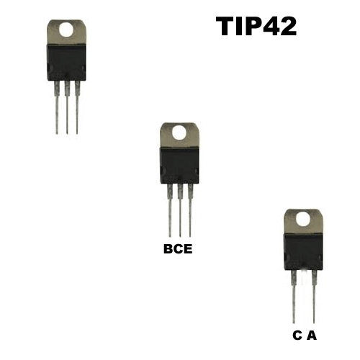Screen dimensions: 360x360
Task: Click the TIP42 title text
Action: tap(256, 27)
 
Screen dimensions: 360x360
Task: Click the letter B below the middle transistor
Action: tap(168, 249)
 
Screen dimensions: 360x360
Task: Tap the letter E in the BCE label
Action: tap(188, 249)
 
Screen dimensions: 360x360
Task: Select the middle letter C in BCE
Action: tap(179, 249)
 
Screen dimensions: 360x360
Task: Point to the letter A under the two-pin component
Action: tap(312, 336)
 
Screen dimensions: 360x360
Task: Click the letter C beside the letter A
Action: tap(297, 336)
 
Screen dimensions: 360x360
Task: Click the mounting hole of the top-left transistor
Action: tap(66, 30)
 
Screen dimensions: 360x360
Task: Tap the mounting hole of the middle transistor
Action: tap(179, 132)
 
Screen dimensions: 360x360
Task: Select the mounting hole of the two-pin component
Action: tap(303, 219)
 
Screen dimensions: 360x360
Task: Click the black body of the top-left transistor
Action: tap(66, 63)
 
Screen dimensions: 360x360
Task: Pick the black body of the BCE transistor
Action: tap(179, 166)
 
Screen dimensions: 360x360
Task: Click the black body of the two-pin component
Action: tap(303, 252)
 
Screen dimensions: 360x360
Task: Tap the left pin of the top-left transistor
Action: tap(57, 107)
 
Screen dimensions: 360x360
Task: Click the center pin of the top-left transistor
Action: tap(67, 107)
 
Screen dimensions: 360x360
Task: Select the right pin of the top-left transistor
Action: tap(77, 107)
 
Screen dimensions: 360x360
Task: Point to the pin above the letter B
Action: tap(170, 210)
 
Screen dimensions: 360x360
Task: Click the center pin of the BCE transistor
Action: tap(180, 210)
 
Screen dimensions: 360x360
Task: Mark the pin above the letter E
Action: tap(190, 210)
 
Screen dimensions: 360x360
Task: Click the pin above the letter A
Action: tap(314, 297)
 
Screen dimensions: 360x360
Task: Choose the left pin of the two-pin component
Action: tap(294, 297)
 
